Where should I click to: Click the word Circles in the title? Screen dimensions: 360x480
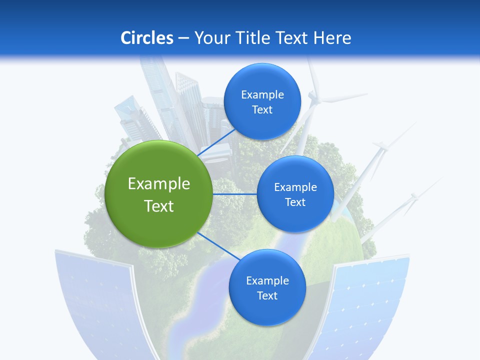click(147, 37)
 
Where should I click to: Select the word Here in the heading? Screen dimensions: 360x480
click(332, 37)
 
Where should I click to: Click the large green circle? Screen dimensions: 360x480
click(159, 194)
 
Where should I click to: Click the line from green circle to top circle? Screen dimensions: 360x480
click(217, 142)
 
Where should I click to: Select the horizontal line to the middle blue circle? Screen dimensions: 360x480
click(234, 194)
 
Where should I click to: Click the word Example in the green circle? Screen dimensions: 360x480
click(159, 184)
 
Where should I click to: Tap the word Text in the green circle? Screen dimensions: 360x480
click(159, 206)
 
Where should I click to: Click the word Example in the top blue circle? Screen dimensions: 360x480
click(262, 94)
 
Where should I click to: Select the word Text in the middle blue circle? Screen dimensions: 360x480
click(295, 202)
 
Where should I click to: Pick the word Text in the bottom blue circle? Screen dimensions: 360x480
click(267, 296)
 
